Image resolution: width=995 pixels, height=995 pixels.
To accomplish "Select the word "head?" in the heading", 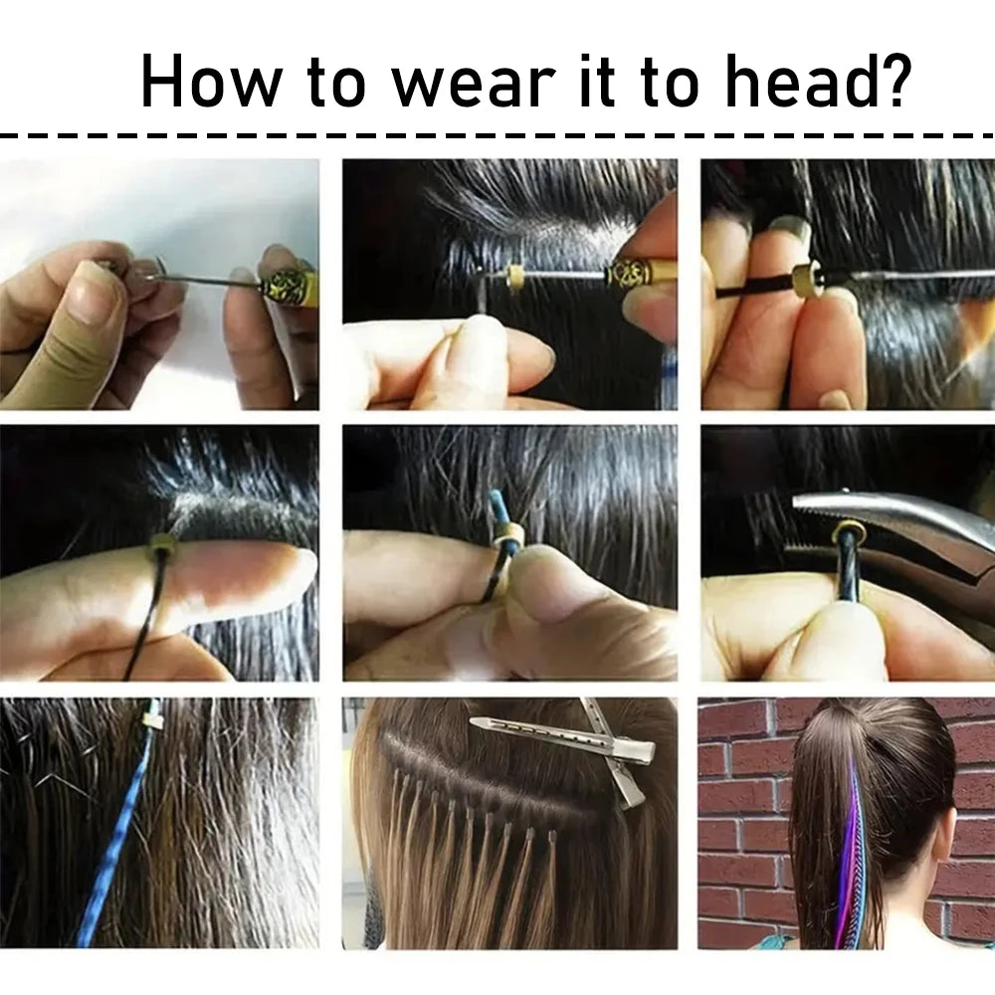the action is pos(818,81).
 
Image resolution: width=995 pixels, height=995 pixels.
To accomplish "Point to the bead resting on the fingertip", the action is pos(162,545).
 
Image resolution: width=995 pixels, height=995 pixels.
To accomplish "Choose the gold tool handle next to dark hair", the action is pos(638,275).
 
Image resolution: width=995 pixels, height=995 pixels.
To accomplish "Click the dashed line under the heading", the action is pos(497,135).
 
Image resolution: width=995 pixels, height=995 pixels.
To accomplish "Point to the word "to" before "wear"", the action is pos(336,85).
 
